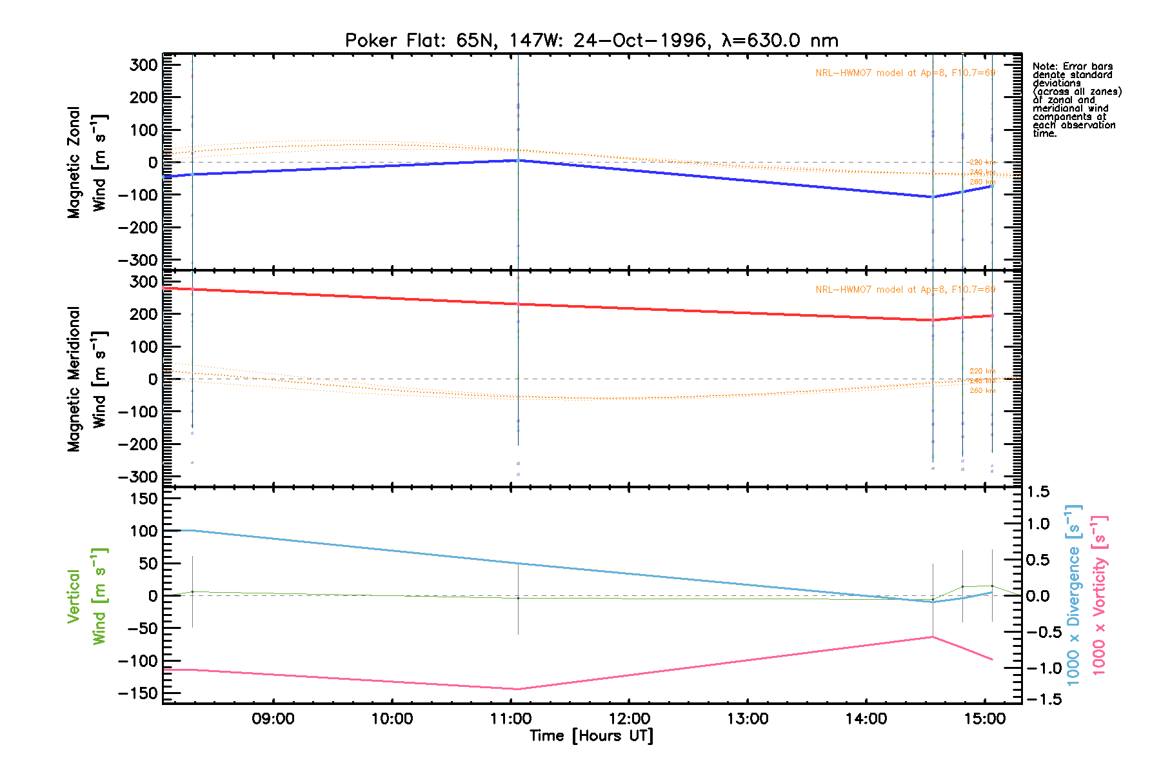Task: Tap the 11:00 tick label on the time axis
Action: [x=511, y=719]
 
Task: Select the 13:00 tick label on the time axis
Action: [x=748, y=719]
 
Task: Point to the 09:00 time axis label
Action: [x=273, y=719]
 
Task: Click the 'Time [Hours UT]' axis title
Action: [x=591, y=736]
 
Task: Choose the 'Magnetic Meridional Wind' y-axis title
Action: [x=87, y=379]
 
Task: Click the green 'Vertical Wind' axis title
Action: [x=87, y=597]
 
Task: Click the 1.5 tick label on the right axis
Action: [x=1038, y=492]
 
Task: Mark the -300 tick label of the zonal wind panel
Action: [x=138, y=260]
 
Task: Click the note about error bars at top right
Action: [x=1076, y=100]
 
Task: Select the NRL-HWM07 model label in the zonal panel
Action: [x=905, y=73]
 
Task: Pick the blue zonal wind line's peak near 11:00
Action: [x=517, y=160]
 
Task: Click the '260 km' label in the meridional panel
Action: [x=982, y=391]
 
